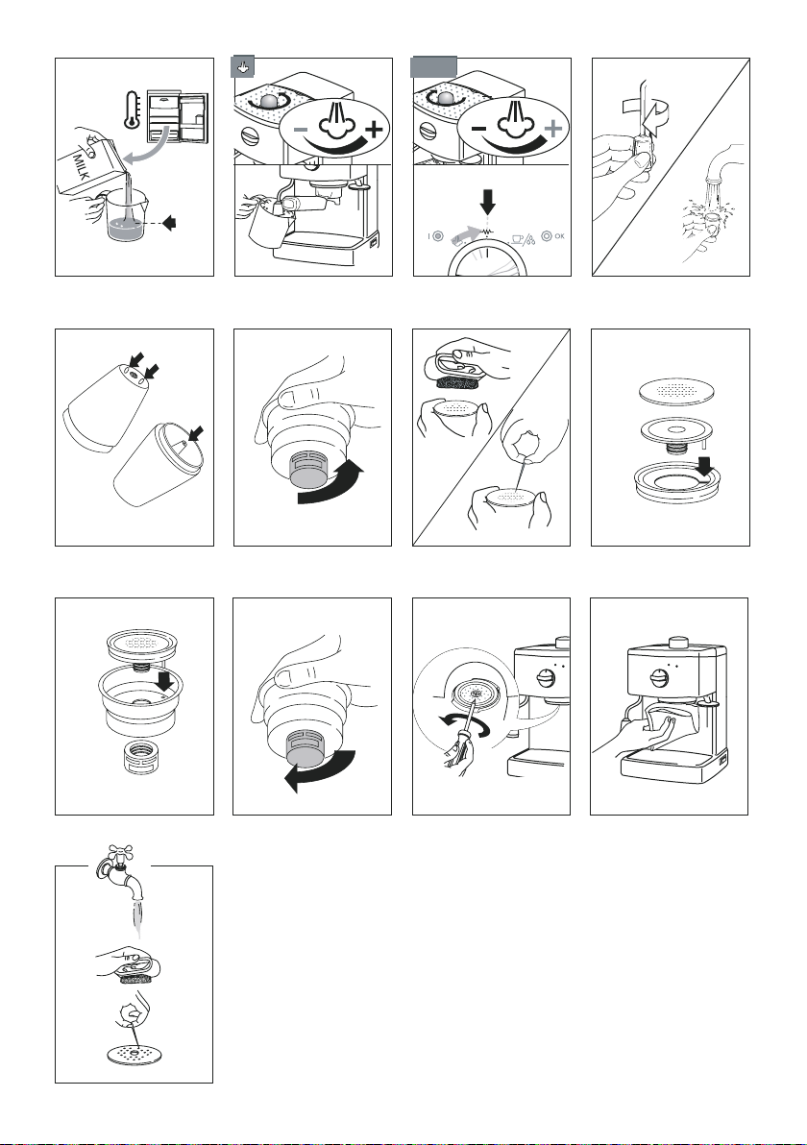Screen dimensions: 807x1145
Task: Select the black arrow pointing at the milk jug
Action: (x=168, y=223)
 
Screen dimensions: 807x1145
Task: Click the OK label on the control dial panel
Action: (x=559, y=236)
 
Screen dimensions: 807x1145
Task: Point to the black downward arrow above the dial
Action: (x=488, y=201)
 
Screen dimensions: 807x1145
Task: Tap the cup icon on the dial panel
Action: (x=517, y=237)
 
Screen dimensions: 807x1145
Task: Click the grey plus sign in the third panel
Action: (x=554, y=129)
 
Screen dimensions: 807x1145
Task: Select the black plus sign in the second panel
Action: (x=373, y=130)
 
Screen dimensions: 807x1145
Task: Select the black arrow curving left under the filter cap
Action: (x=320, y=773)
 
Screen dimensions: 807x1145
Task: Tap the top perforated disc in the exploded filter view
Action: (x=672, y=388)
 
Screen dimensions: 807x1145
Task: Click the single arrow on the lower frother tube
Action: (x=196, y=435)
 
